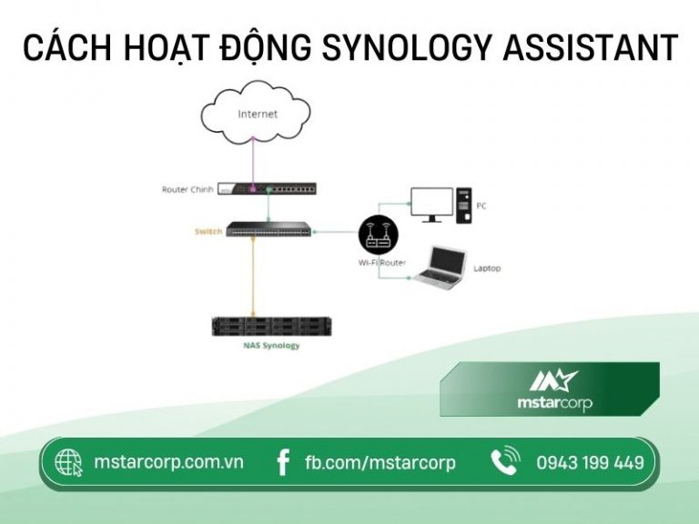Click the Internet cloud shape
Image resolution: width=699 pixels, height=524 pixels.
click(x=257, y=116)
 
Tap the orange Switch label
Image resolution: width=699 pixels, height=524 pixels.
click(x=208, y=232)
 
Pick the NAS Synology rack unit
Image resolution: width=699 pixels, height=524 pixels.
click(x=268, y=326)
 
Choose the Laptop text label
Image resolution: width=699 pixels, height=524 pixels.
click(x=487, y=268)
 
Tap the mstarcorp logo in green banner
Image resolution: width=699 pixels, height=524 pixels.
click(x=549, y=389)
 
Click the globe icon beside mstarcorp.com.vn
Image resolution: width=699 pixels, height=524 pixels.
click(x=69, y=463)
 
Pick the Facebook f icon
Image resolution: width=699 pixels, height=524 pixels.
click(x=284, y=463)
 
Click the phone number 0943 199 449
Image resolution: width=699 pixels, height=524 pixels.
click(x=590, y=463)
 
